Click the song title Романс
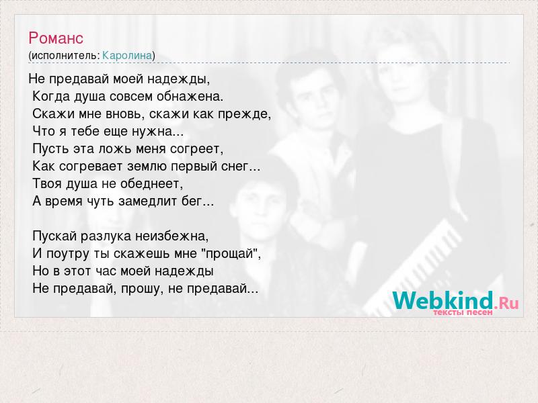point(56,38)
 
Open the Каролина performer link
point(127,56)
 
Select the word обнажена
point(190,96)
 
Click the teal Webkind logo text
point(443,300)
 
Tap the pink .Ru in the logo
point(506,303)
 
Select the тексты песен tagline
point(463,312)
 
